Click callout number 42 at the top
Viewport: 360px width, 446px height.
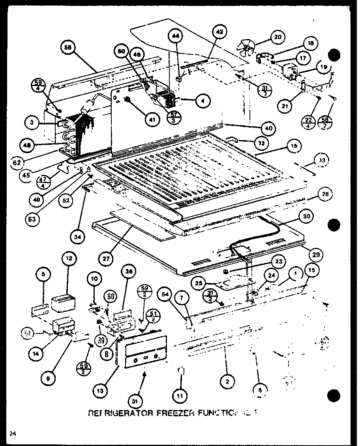click(x=220, y=31)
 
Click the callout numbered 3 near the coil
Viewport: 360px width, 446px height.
click(x=31, y=123)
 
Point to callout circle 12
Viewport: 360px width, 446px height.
click(x=69, y=259)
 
